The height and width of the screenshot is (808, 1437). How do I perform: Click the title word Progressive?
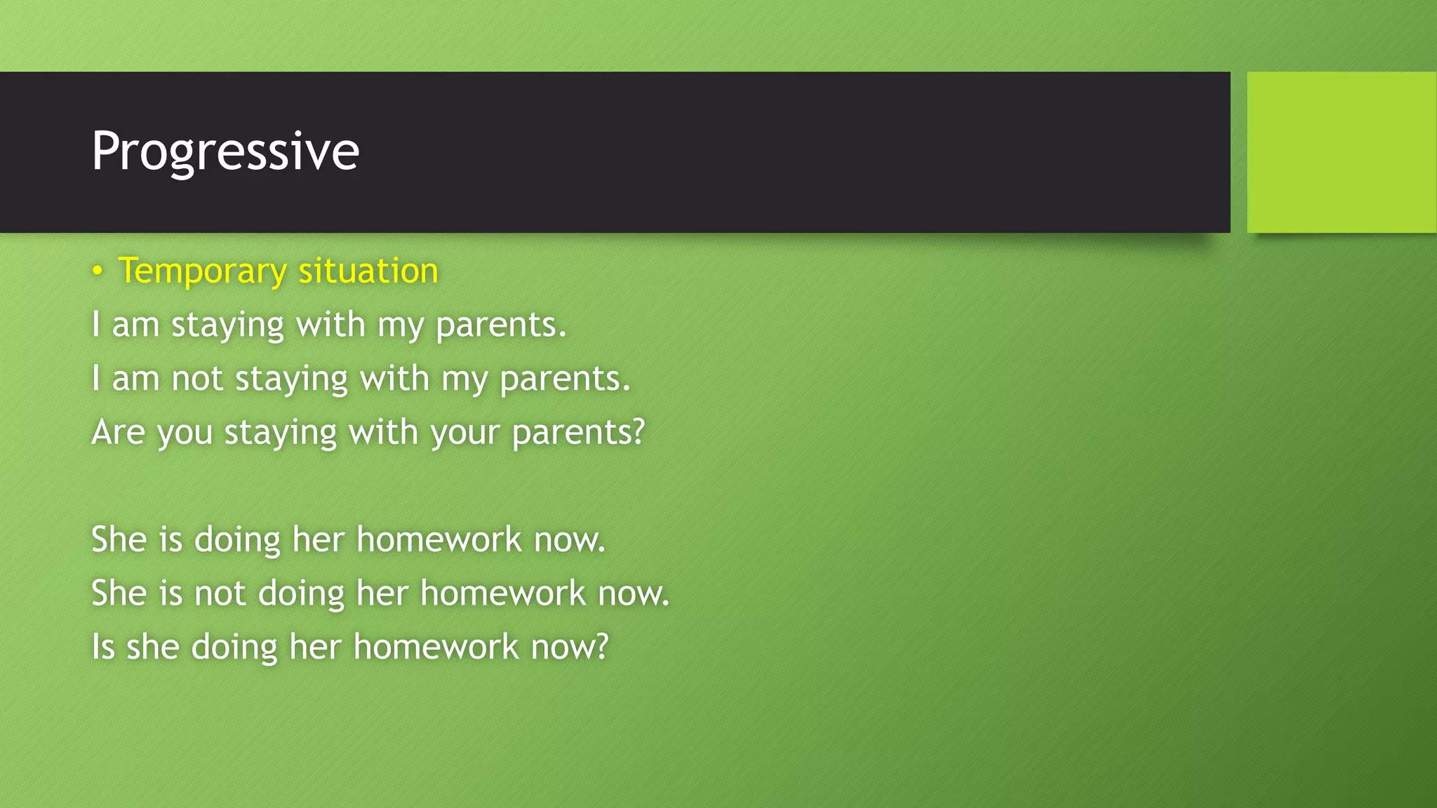tap(225, 151)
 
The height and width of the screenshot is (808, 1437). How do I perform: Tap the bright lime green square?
tap(1341, 151)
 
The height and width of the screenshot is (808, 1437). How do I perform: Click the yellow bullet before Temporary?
tap(98, 271)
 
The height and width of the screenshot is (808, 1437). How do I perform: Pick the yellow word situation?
tap(368, 271)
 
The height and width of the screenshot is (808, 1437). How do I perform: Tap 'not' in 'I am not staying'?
tap(197, 379)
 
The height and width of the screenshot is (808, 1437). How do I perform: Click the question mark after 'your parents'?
tap(638, 431)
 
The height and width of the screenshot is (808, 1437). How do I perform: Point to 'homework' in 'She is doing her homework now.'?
tap(439, 539)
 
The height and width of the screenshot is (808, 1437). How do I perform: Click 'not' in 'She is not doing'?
tap(220, 593)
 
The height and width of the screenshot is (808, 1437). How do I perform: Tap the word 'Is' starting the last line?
tap(102, 647)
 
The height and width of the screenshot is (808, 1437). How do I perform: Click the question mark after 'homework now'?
tap(601, 645)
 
